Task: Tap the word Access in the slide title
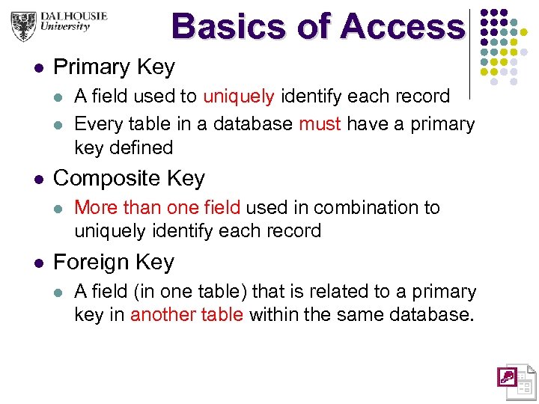pyautogui.click(x=402, y=27)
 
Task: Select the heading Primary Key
pyautogui.click(x=114, y=67)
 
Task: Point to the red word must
pyautogui.click(x=320, y=123)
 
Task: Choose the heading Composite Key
pyautogui.click(x=129, y=178)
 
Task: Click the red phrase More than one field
pyautogui.click(x=157, y=207)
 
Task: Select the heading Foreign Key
pyautogui.click(x=114, y=262)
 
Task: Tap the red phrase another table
pyautogui.click(x=186, y=314)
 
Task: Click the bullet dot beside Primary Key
pyautogui.click(x=38, y=68)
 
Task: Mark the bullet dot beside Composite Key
pyautogui.click(x=38, y=180)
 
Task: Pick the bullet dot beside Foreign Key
pyautogui.click(x=38, y=263)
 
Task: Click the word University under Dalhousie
pyautogui.click(x=63, y=27)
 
